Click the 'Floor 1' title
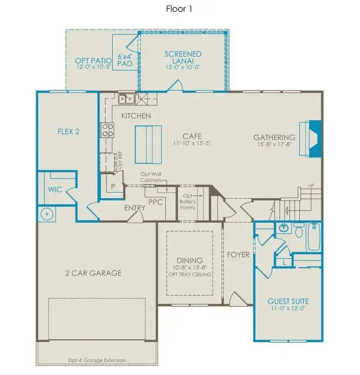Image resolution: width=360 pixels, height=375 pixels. pyautogui.click(x=179, y=9)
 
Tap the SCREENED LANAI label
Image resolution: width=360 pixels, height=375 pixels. pyautogui.click(x=183, y=58)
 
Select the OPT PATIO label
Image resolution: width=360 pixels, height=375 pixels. pyautogui.click(x=93, y=61)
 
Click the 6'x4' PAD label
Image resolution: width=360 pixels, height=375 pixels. pyautogui.click(x=125, y=60)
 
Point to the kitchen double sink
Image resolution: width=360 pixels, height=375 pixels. pyautogui.click(x=126, y=98)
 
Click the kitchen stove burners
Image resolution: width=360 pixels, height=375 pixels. pyautogui.click(x=108, y=130)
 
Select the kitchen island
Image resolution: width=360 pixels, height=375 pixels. pyautogui.click(x=148, y=145)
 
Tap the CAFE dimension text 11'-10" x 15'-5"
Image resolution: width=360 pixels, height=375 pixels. pyautogui.click(x=192, y=143)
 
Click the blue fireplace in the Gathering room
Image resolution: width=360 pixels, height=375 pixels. pyautogui.click(x=315, y=139)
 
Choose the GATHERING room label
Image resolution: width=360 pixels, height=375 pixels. pyautogui.click(x=274, y=137)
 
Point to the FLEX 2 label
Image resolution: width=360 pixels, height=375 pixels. pyautogui.click(x=68, y=131)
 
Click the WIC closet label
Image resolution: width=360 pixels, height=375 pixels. pyautogui.click(x=55, y=190)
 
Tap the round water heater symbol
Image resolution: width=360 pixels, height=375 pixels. pyautogui.click(x=46, y=214)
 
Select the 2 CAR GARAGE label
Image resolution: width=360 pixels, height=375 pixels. pyautogui.click(x=93, y=273)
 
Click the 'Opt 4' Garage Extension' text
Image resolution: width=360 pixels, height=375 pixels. pyautogui.click(x=97, y=360)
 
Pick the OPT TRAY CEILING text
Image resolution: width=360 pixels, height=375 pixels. pyautogui.click(x=190, y=274)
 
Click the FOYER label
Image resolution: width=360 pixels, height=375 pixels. pyautogui.click(x=238, y=255)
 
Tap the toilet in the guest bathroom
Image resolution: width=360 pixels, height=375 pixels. pyautogui.click(x=298, y=230)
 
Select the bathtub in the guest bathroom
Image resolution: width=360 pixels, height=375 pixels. pyautogui.click(x=314, y=237)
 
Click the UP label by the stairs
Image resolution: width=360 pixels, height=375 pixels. pyautogui.click(x=311, y=185)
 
